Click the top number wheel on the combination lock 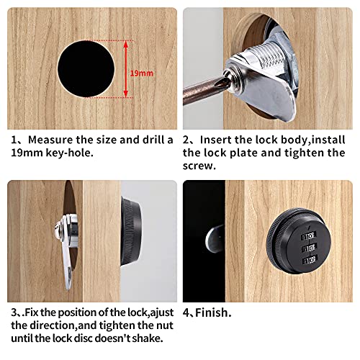308,236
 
